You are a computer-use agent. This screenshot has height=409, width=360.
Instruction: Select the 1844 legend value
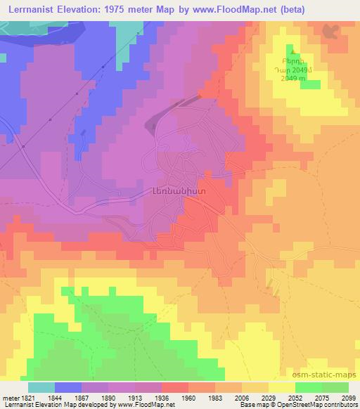pos(55,397)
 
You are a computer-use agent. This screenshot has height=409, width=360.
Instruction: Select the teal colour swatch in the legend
pos(41,387)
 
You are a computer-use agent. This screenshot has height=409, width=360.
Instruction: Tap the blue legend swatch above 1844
pos(68,387)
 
